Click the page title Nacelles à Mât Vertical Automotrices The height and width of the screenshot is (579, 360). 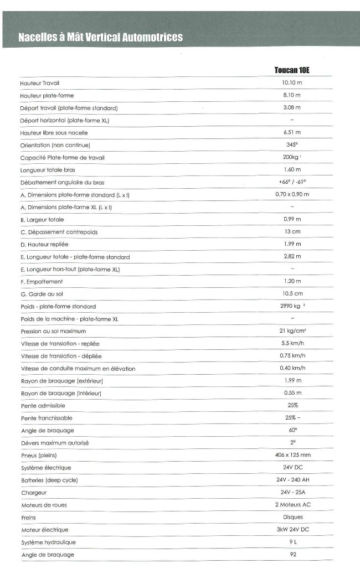pyautogui.click(x=100, y=37)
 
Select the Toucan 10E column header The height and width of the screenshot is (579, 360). pyautogui.click(x=292, y=70)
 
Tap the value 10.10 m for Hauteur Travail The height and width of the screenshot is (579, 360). pyautogui.click(x=291, y=82)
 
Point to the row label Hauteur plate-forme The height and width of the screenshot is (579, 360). pyautogui.click(x=47, y=95)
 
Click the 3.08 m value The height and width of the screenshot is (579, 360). pyautogui.click(x=291, y=107)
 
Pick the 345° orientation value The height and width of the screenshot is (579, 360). pyautogui.click(x=292, y=144)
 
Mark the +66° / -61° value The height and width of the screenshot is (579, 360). pyautogui.click(x=292, y=182)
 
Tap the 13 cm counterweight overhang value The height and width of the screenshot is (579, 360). pyautogui.click(x=292, y=231)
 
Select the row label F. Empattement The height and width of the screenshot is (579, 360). pyautogui.click(x=41, y=282)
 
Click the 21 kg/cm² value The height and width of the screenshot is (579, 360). pyautogui.click(x=292, y=330)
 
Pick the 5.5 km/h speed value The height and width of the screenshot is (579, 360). pyautogui.click(x=292, y=343)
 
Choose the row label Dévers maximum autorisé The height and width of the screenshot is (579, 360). pyautogui.click(x=55, y=443)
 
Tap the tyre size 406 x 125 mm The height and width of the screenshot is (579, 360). pyautogui.click(x=292, y=455)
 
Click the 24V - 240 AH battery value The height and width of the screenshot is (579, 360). pyautogui.click(x=292, y=480)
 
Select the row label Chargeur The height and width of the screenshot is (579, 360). pyautogui.click(x=34, y=493)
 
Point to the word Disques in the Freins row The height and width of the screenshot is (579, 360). pyautogui.click(x=292, y=517)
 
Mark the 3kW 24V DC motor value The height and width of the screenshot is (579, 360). pyautogui.click(x=292, y=530)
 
